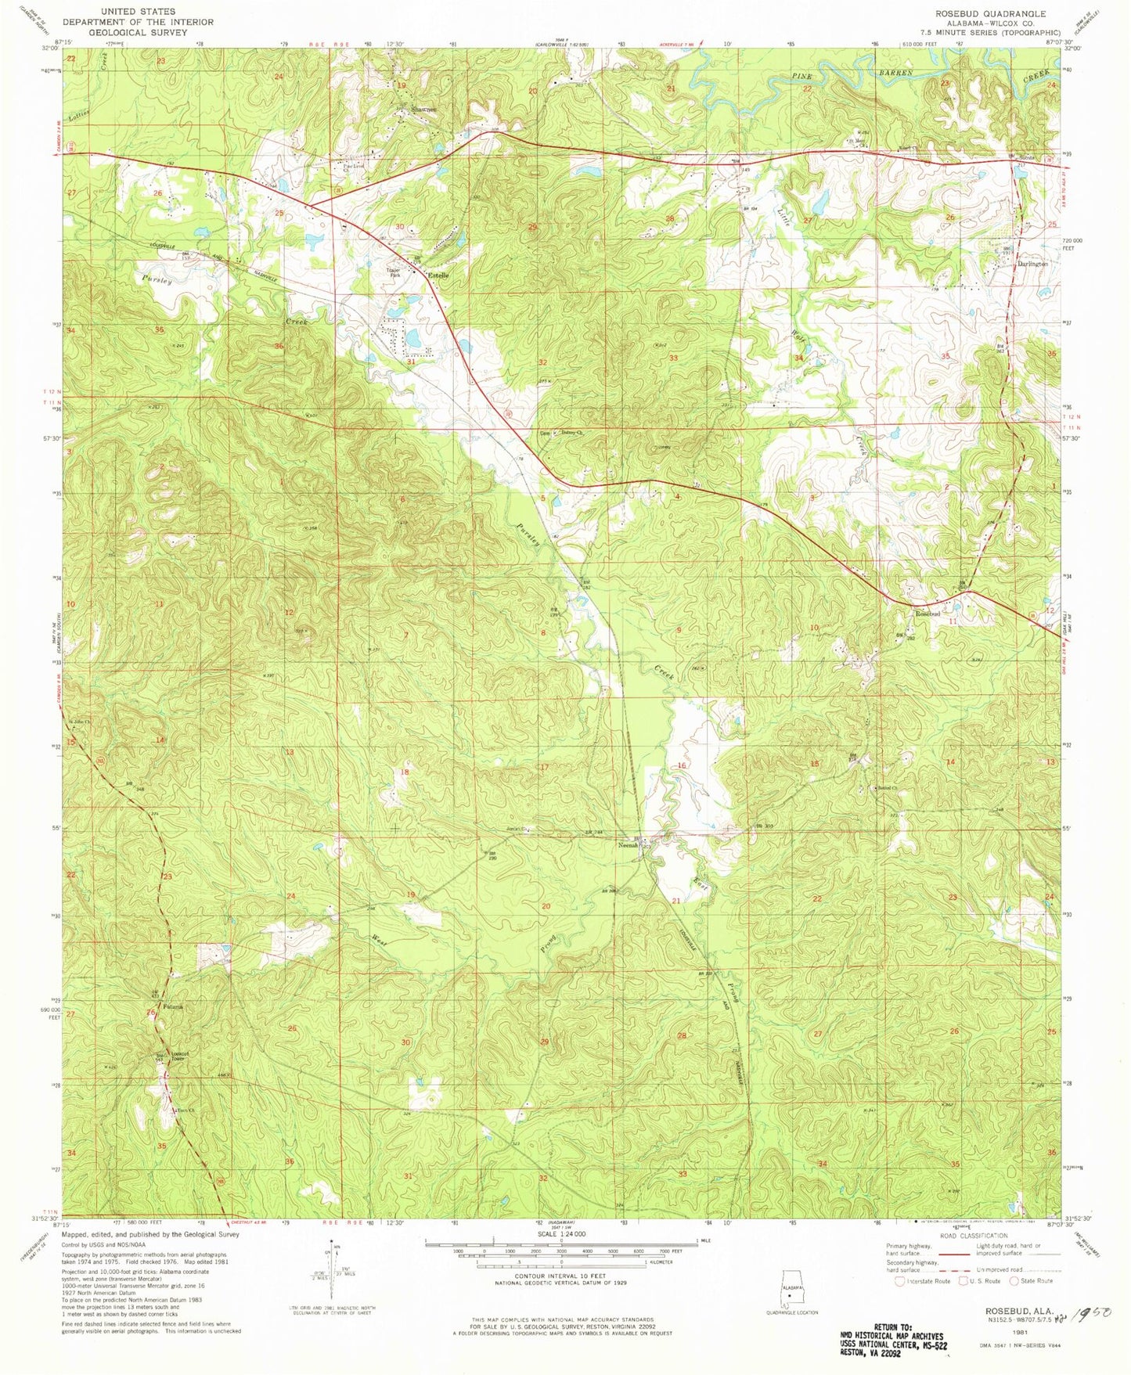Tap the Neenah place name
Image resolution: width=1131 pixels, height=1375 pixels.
(629, 845)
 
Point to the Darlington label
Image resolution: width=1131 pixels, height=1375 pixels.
(1032, 264)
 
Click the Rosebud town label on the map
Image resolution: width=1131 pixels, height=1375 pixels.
(927, 614)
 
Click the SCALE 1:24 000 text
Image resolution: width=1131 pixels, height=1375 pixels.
(560, 1234)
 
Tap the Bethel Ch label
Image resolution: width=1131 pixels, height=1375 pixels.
(887, 788)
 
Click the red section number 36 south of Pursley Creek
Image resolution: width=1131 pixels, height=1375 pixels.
(279, 346)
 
